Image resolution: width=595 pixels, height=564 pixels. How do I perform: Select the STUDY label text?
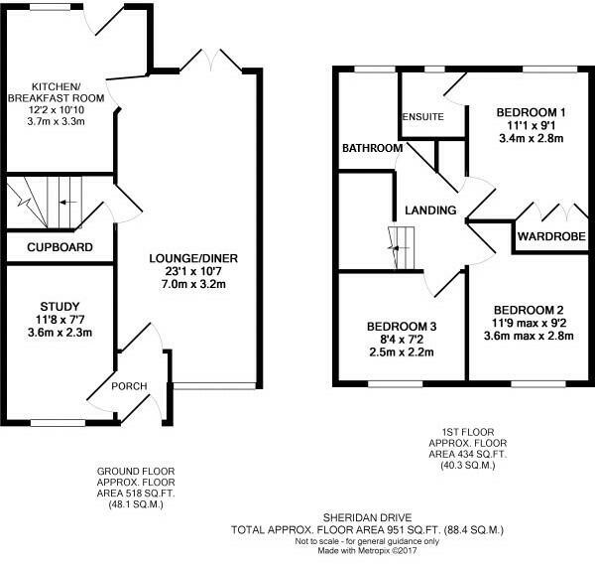point(59,305)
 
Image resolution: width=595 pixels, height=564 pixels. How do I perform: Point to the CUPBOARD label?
point(59,247)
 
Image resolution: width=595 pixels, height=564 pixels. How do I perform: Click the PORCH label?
point(129,386)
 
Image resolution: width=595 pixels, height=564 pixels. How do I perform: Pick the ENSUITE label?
point(420,117)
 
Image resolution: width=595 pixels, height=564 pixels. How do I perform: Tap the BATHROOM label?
point(372,148)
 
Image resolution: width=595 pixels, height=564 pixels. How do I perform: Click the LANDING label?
point(429,211)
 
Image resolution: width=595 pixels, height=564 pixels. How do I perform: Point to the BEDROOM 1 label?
point(531,113)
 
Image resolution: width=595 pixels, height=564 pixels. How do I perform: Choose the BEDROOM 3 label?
point(402,326)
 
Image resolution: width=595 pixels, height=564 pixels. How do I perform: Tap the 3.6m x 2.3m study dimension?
point(59,333)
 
